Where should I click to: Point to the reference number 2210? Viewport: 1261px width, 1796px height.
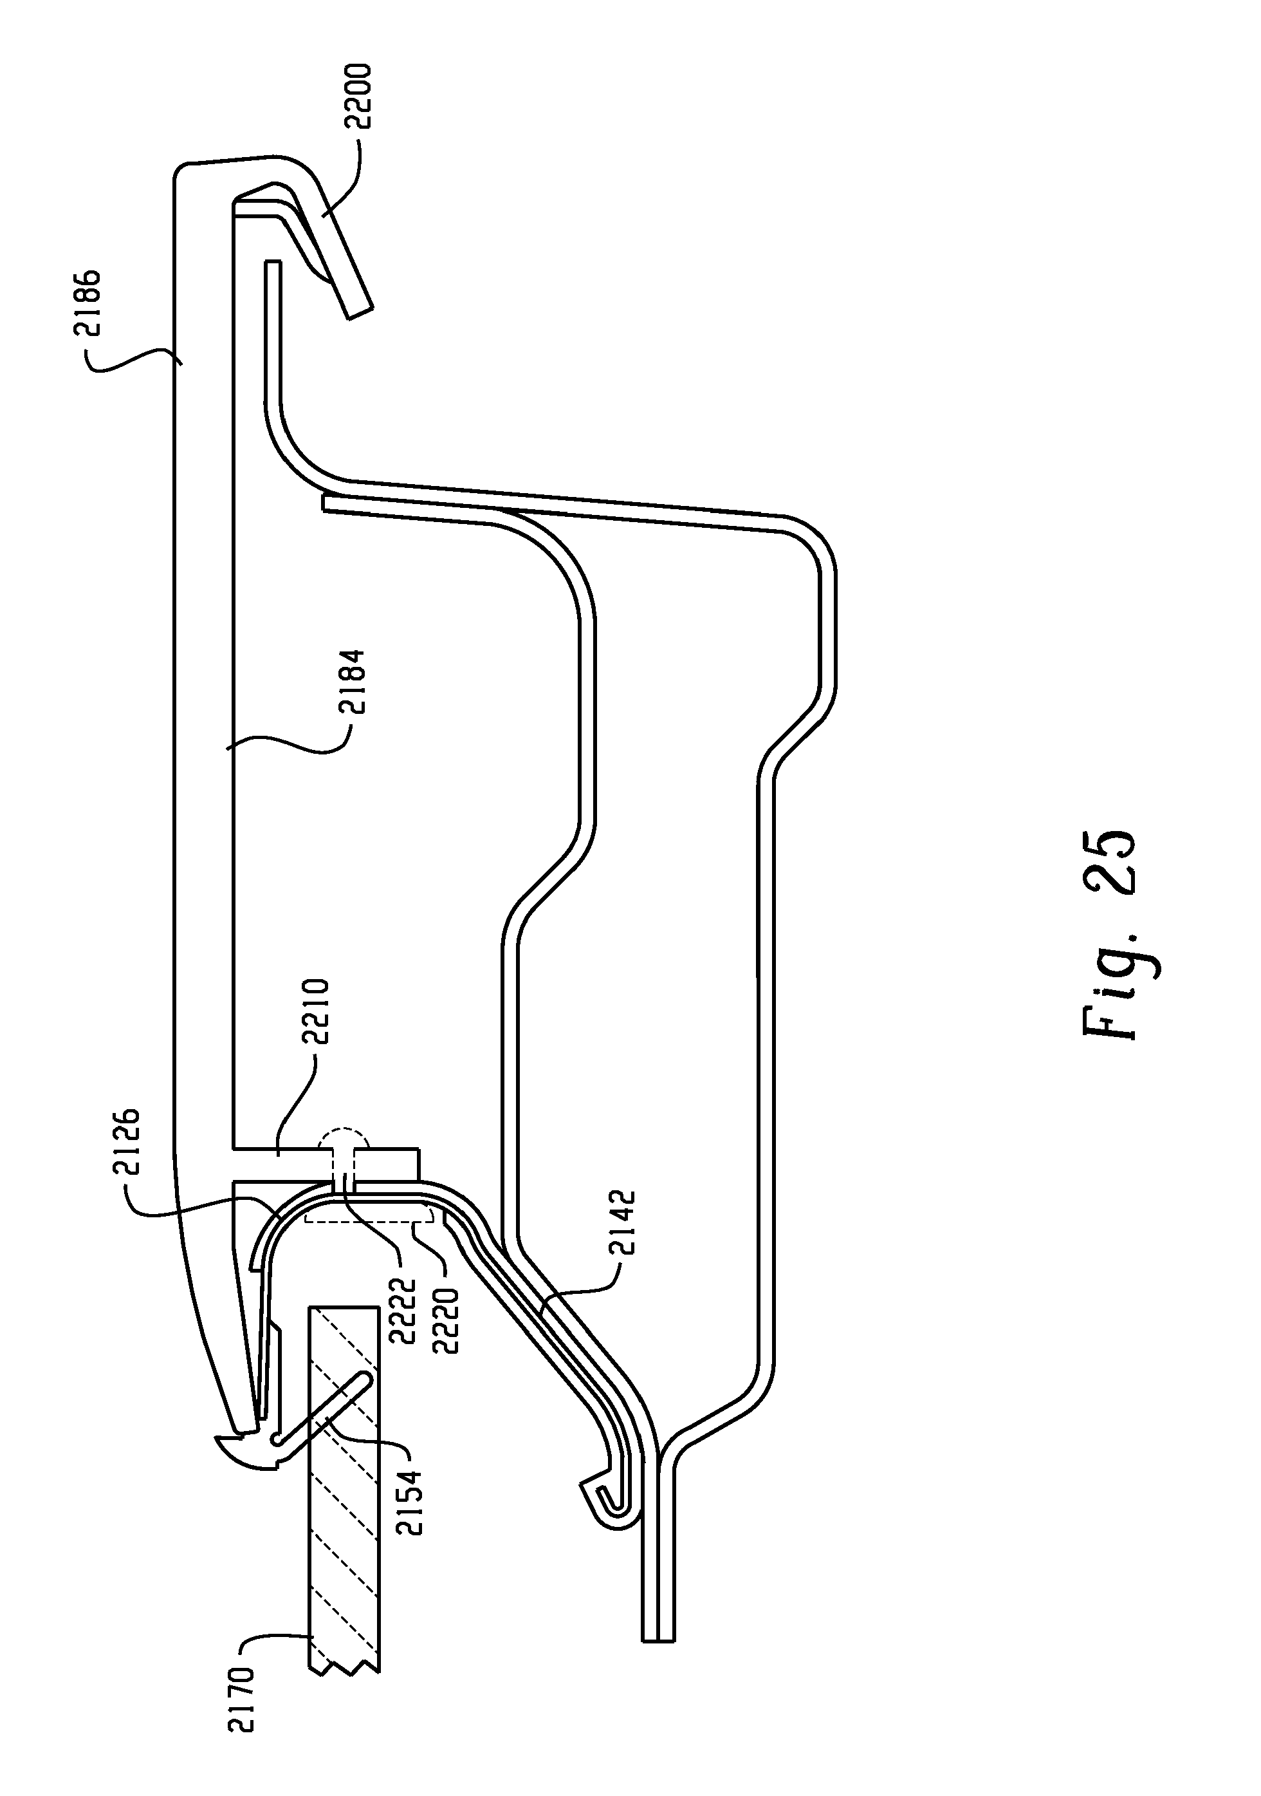click(320, 1011)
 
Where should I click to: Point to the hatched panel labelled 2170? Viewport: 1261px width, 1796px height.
click(344, 1526)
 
